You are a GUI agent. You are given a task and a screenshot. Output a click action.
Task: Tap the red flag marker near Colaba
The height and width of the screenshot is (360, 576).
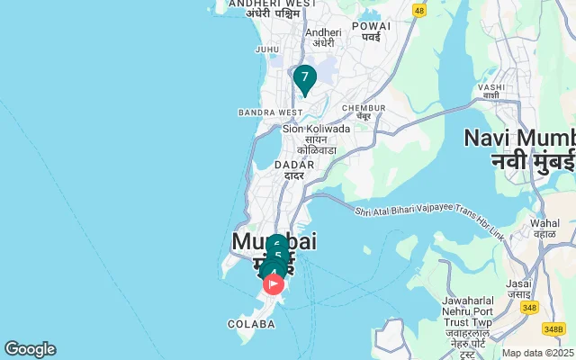tap(274, 284)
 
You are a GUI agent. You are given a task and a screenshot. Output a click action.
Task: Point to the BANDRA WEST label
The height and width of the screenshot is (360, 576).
tap(270, 112)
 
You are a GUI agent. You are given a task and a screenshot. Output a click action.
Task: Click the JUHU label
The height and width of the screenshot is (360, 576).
tap(267, 49)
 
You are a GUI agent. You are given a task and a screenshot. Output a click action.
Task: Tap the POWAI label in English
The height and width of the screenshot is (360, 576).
tap(372, 26)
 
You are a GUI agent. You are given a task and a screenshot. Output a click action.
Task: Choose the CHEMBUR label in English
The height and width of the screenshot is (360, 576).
tap(364, 108)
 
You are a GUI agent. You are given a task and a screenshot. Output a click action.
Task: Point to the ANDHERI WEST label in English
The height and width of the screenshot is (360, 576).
tap(273, 4)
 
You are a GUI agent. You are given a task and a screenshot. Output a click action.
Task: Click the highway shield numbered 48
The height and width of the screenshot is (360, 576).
tap(418, 10)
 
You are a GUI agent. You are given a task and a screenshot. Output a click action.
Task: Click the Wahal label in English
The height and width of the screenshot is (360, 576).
tap(544, 222)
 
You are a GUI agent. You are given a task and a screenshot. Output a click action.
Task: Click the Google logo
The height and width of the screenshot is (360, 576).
tap(30, 349)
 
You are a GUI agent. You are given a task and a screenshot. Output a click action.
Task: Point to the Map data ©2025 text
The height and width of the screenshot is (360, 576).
tap(537, 353)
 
